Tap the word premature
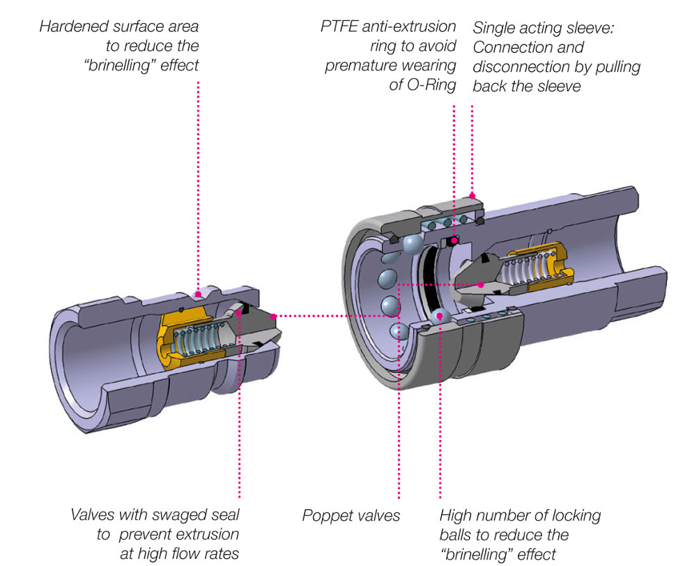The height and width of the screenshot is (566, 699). point(362,66)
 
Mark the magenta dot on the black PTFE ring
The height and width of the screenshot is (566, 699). point(454,241)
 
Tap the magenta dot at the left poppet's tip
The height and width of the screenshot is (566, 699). point(276,316)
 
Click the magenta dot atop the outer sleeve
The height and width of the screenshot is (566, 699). point(473,195)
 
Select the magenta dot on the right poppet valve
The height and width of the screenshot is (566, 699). point(482,284)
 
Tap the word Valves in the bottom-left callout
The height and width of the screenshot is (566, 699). point(93,516)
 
